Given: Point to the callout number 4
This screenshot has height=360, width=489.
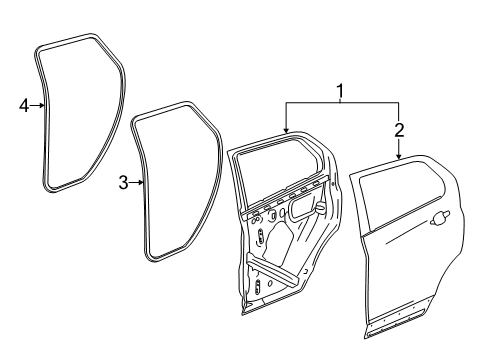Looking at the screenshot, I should pyautogui.click(x=24, y=104).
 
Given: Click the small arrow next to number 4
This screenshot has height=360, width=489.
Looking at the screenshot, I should pyautogui.click(x=39, y=104).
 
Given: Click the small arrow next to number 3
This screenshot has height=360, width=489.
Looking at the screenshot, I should pyautogui.click(x=140, y=182).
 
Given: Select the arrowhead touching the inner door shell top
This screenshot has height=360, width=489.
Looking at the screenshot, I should pyautogui.click(x=287, y=131).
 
